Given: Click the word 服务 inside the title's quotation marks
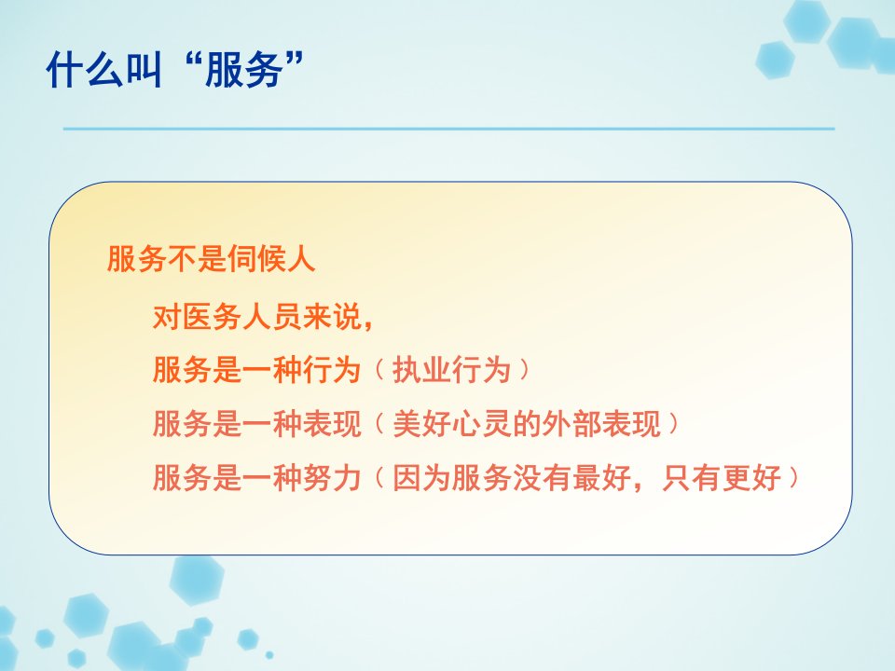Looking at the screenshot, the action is coord(244,69).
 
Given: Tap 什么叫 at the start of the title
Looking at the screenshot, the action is coord(104,69).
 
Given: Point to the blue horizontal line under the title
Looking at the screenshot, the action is coord(448,129).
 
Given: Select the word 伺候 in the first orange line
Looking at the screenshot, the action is coord(256,259).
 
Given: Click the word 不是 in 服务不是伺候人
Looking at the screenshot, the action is coord(197,259).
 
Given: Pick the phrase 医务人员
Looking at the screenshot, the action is coord(242,317).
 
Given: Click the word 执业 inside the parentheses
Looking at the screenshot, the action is coord(421,370).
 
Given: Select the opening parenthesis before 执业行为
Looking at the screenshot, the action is coord(380,370).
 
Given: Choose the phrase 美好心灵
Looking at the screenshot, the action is coord(451,424).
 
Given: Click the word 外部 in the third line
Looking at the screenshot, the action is coord(571,424).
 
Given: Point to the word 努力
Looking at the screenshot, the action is coord(332,477).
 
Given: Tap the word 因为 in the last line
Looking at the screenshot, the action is coord(421,477).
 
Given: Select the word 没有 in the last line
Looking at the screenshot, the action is coord(542,477).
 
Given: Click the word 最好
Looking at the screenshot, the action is coord(601,477).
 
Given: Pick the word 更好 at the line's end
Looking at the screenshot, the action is coord(751,477).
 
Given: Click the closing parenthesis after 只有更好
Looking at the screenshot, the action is coord(793,477).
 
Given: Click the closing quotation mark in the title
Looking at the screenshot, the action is coord(294,60).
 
